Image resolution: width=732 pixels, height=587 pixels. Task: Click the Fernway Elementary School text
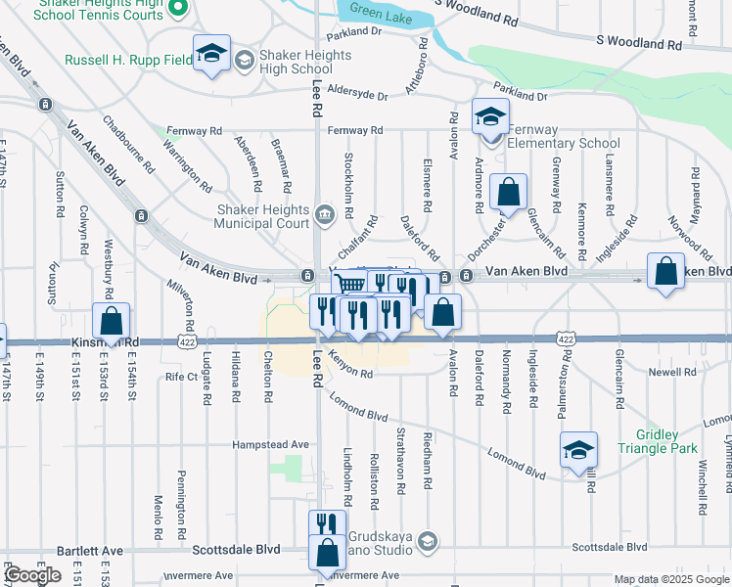[563, 136]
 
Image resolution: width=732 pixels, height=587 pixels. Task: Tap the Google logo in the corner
[32, 575]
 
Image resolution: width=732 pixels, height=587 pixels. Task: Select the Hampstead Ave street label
[270, 444]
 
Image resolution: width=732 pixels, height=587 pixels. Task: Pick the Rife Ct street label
[181, 376]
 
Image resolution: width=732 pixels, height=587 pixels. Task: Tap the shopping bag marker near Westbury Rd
[112, 320]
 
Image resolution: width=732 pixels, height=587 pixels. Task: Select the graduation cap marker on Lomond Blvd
[579, 450]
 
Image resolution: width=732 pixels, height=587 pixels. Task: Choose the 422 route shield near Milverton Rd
[185, 339]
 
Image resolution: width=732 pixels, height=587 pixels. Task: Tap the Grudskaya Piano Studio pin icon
[427, 541]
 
